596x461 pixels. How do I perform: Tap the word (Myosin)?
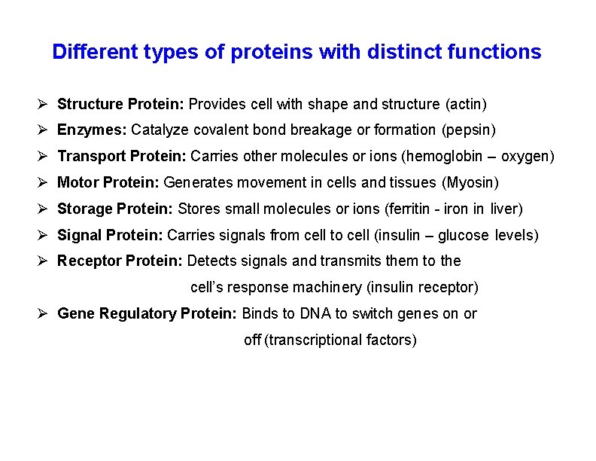[470, 182]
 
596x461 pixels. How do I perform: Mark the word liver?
[506, 209]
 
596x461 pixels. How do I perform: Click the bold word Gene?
[74, 313]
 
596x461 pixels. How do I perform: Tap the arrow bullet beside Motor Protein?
[44, 182]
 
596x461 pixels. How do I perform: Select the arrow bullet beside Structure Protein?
[44, 103]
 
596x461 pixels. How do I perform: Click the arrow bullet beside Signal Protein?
[44, 235]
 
